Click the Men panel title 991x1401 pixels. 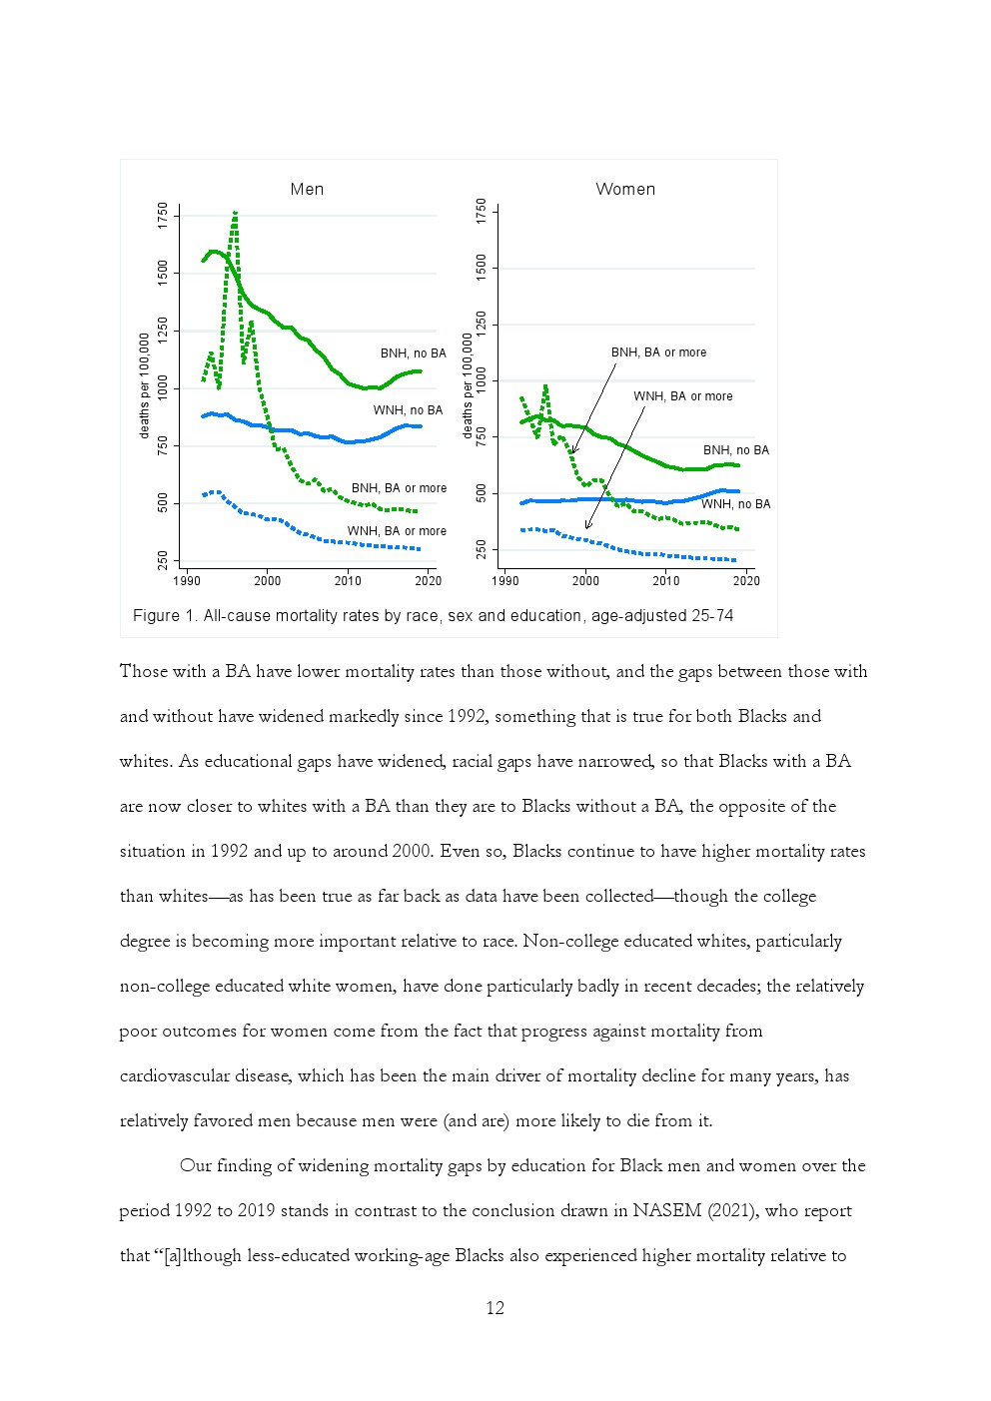(x=307, y=190)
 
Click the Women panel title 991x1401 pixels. (x=625, y=190)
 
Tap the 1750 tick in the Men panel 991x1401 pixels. (x=163, y=216)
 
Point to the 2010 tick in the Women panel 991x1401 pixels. (x=666, y=581)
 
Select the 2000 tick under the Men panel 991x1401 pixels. (x=268, y=581)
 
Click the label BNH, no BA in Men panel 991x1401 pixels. (x=413, y=353)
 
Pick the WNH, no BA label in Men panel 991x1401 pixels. (x=408, y=410)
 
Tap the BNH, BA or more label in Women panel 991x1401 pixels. (x=658, y=352)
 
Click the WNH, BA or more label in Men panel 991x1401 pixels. (x=397, y=531)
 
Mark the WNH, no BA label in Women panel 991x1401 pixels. (x=735, y=504)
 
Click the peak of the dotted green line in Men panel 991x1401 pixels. (x=235, y=213)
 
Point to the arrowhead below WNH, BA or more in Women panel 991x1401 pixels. (x=587, y=526)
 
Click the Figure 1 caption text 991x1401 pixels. (x=433, y=616)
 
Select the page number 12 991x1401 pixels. (x=495, y=1308)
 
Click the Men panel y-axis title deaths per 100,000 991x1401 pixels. (x=145, y=385)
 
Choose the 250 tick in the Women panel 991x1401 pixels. (x=482, y=549)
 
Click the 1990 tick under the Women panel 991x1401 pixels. (x=505, y=581)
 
